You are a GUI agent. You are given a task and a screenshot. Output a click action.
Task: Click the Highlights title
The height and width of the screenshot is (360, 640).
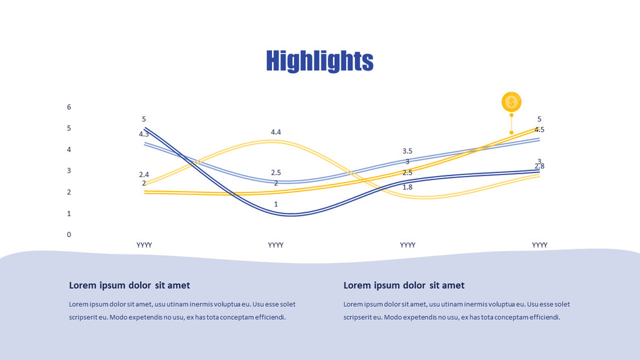pyautogui.click(x=319, y=61)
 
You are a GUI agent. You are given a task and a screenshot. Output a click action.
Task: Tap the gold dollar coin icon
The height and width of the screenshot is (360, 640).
pyautogui.click(x=511, y=102)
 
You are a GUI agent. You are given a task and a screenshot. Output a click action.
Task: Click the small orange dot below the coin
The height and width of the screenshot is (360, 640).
pyautogui.click(x=511, y=133)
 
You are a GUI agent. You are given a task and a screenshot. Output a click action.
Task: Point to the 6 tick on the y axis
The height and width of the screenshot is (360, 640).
pyautogui.click(x=69, y=107)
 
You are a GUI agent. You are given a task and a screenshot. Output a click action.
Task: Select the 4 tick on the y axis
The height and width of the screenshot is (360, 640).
pyautogui.click(x=69, y=150)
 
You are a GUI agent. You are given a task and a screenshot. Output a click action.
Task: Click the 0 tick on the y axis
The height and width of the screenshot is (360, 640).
pyautogui.click(x=69, y=234)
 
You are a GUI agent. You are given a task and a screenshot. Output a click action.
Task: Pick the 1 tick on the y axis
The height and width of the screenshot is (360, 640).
pyautogui.click(x=69, y=213)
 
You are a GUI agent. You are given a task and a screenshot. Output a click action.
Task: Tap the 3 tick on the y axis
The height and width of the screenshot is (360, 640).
pyautogui.click(x=69, y=171)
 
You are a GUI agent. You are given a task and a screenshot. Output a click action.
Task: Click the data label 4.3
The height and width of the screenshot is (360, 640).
pyautogui.click(x=144, y=134)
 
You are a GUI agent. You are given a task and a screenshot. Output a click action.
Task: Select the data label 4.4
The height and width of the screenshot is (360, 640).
pyautogui.click(x=276, y=132)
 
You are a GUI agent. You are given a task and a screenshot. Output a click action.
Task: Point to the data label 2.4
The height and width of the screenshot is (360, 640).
pyautogui.click(x=144, y=175)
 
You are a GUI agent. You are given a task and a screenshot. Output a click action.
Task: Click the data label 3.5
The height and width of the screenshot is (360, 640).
pyautogui.click(x=407, y=151)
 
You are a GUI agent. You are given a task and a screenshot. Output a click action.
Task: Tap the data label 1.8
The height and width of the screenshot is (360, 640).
pyautogui.click(x=407, y=187)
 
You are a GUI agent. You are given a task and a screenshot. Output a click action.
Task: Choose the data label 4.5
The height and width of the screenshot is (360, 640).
pyautogui.click(x=539, y=129)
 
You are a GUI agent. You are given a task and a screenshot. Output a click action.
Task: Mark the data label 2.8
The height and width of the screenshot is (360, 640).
pyautogui.click(x=539, y=166)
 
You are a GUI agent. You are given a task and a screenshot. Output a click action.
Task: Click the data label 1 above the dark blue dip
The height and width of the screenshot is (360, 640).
pyautogui.click(x=276, y=205)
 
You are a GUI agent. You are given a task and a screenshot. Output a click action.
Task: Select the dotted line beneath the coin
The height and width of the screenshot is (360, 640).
pyautogui.click(x=511, y=122)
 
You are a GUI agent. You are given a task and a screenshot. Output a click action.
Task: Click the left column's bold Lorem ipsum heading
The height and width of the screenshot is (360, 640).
pyautogui.click(x=130, y=286)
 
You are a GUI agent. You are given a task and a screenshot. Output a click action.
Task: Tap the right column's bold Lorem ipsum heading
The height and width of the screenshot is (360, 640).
pyautogui.click(x=404, y=286)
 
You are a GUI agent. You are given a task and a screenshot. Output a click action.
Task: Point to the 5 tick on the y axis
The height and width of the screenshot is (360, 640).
pyautogui.click(x=69, y=128)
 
